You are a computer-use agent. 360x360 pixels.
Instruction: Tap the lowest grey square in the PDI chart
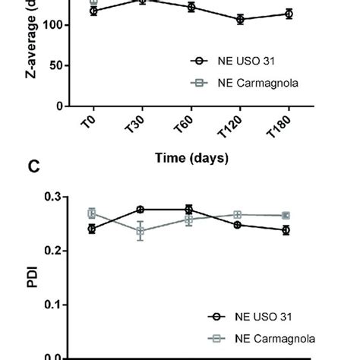pos(141,232)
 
